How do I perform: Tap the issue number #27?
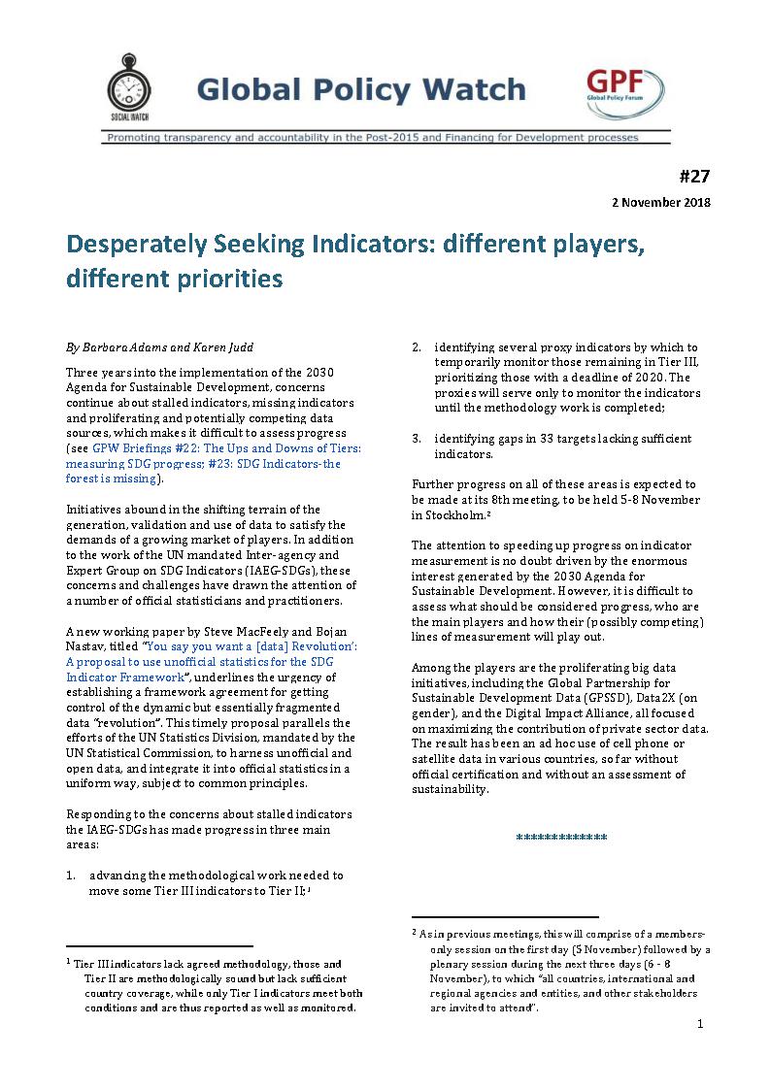click(x=695, y=176)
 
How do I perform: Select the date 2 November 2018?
click(x=660, y=203)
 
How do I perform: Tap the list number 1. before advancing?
click(x=72, y=875)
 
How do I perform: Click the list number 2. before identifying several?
click(x=417, y=347)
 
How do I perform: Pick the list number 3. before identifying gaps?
click(x=417, y=439)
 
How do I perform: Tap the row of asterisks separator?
click(x=561, y=837)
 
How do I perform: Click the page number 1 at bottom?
click(x=700, y=1025)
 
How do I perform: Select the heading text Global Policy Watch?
click(x=360, y=91)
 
